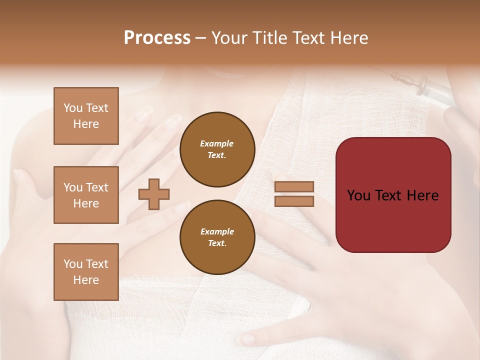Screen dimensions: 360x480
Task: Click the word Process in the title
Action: coord(157,38)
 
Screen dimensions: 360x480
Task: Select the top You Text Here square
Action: coord(86,116)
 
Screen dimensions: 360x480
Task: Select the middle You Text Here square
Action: coord(86,195)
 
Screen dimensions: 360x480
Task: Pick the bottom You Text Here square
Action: coord(86,272)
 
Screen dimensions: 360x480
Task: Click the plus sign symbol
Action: coord(154,194)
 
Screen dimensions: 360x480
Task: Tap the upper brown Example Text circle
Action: coord(217,149)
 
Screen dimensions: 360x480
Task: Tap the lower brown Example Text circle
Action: coord(217,237)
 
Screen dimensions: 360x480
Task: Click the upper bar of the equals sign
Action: coord(294,187)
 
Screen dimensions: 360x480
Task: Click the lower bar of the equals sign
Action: coord(294,201)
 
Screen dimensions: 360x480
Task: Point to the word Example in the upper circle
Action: coord(217,143)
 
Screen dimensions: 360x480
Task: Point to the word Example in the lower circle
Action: coord(217,231)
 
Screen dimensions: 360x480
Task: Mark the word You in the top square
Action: coord(73,108)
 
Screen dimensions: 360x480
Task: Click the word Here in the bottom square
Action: coord(86,280)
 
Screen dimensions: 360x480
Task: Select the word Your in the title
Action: coord(230,38)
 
